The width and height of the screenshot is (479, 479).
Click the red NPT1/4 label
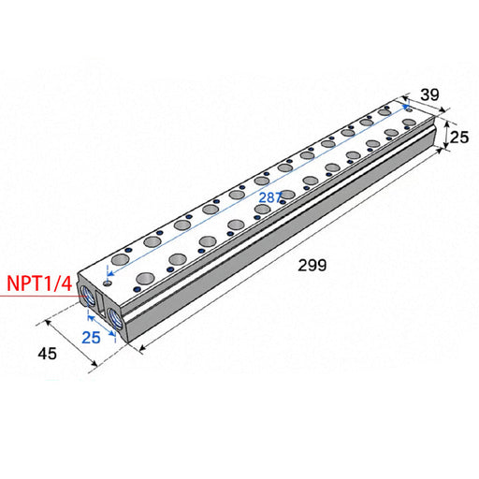click(x=39, y=283)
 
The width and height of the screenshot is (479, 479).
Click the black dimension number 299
click(x=312, y=266)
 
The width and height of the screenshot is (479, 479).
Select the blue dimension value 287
click(x=270, y=197)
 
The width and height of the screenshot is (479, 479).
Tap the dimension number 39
click(x=430, y=94)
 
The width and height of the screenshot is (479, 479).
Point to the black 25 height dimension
click(x=459, y=138)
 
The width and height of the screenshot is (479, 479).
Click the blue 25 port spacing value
click(x=91, y=338)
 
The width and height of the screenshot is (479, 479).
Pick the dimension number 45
click(x=48, y=354)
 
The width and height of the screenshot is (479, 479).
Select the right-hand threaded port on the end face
click(x=116, y=317)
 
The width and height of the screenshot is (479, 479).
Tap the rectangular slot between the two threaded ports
click(x=100, y=303)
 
